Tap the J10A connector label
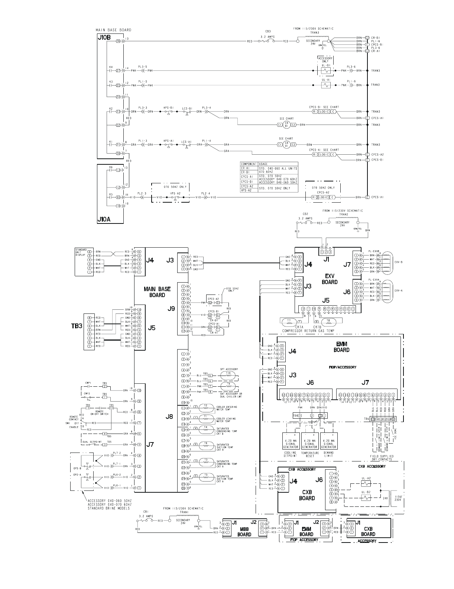(x=104, y=220)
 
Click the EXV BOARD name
(x=330, y=279)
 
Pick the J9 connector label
(x=171, y=308)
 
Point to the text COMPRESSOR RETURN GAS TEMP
(x=308, y=331)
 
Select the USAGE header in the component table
(x=263, y=164)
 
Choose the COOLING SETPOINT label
(x=290, y=454)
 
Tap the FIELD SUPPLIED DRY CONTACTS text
(x=382, y=458)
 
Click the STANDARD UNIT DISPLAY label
(x=81, y=252)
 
